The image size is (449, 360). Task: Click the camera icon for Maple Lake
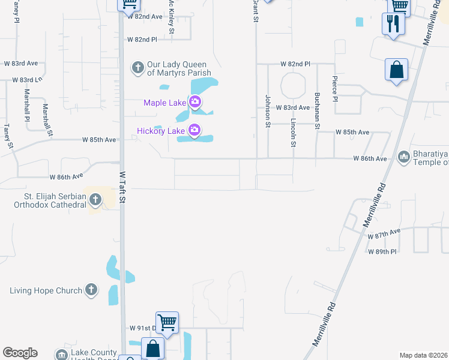(x=194, y=103)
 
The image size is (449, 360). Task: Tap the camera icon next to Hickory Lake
(x=194, y=130)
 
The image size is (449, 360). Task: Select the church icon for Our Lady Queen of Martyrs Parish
(x=138, y=67)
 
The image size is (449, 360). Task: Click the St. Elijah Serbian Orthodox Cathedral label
(x=55, y=200)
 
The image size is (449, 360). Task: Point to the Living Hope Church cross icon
(x=91, y=290)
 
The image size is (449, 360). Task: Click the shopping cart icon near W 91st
(x=167, y=322)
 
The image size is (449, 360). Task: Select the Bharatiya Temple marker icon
(x=403, y=157)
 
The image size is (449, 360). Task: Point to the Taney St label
(x=8, y=136)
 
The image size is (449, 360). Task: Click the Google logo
(x=20, y=353)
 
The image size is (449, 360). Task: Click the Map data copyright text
(x=423, y=355)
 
